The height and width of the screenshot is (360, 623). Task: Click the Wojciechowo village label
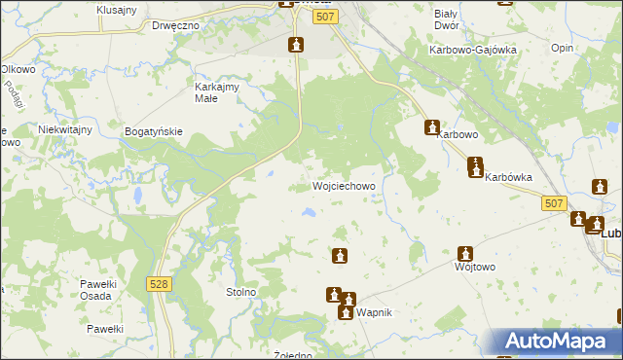point(344,186)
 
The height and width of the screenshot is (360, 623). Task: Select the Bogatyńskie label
point(155,129)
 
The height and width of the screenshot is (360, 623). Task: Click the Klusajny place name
point(117,9)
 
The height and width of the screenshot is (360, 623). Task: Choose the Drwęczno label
point(175,24)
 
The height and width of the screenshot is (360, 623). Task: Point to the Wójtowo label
point(476,266)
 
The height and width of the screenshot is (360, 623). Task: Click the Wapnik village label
point(375,313)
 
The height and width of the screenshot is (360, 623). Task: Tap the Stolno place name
point(240,291)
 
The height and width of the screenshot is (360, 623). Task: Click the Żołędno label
point(292,355)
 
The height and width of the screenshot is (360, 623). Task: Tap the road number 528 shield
point(161,282)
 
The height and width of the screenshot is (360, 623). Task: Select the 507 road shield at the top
point(327,18)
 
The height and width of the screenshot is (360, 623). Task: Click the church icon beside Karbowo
point(432,126)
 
